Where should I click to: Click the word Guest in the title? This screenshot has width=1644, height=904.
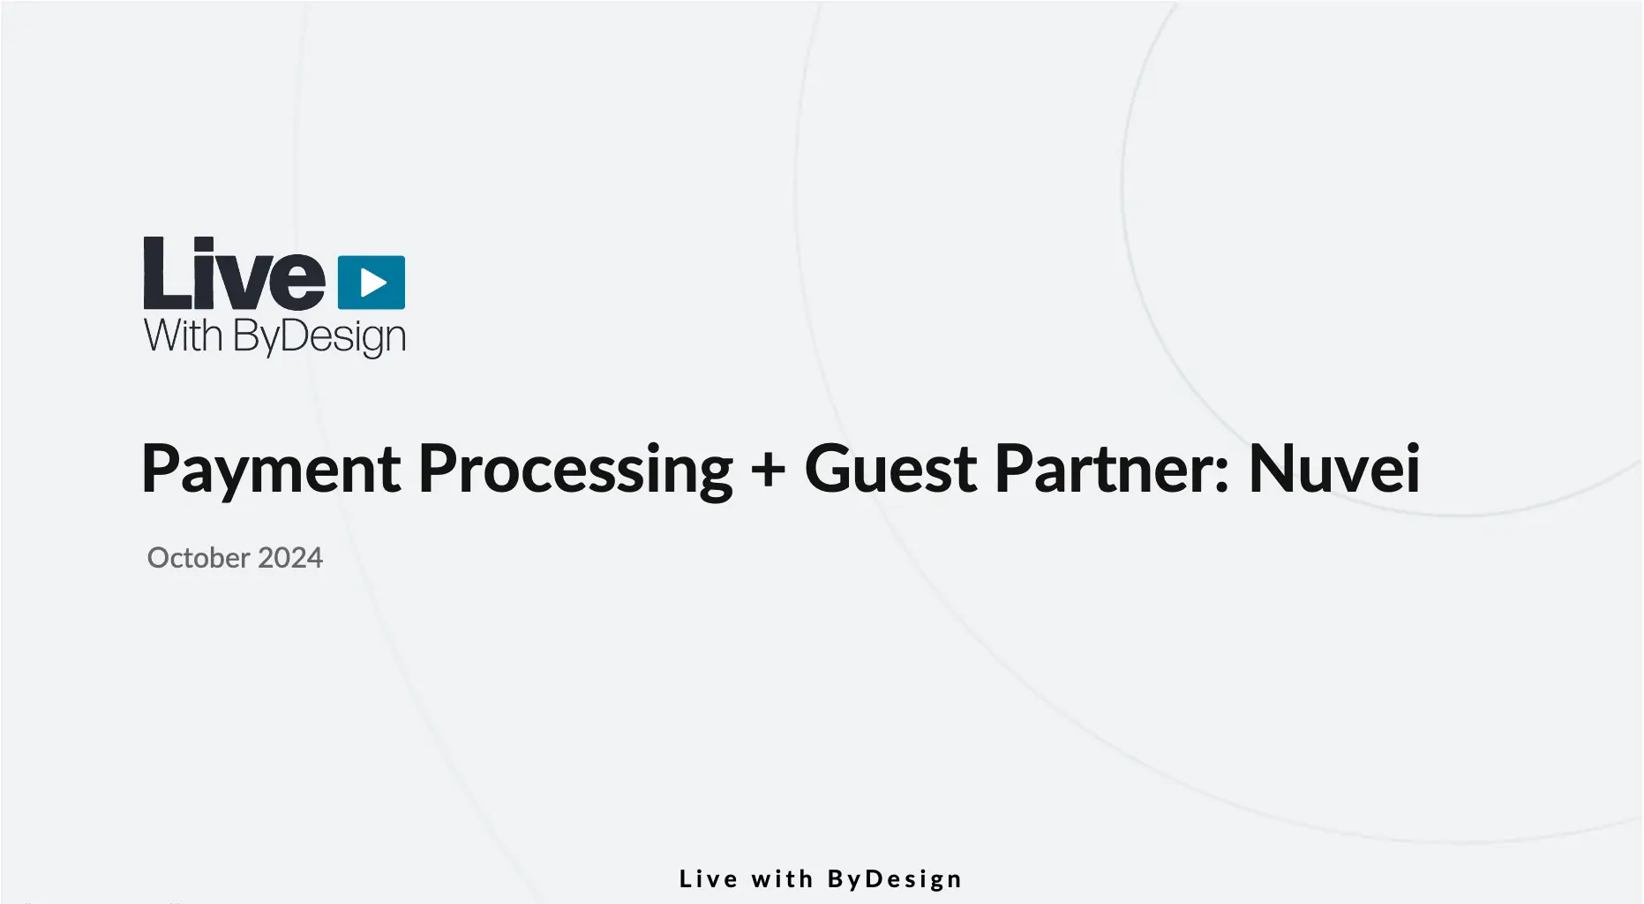890,468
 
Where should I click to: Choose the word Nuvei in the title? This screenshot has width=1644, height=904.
1334,468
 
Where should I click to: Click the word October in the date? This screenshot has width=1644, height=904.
199,558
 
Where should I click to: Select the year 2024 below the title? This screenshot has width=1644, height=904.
290,558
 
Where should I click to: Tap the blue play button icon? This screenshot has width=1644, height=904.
372,282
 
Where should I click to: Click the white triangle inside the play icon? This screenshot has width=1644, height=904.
373,282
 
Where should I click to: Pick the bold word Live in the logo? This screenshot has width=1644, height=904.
235,274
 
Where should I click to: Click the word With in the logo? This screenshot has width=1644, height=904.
184,336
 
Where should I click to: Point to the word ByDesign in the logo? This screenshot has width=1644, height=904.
319,338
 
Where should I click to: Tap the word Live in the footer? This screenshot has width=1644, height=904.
709,879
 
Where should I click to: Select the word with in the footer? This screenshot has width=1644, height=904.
782,879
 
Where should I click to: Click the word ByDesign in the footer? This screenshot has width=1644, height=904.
895,880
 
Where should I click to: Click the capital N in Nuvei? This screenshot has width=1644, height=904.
1272,469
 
